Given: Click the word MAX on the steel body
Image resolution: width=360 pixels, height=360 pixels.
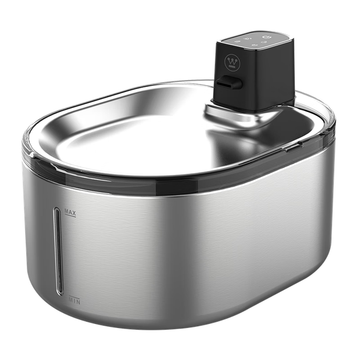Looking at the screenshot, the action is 70,212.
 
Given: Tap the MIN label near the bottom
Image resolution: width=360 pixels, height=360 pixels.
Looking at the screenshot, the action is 75,301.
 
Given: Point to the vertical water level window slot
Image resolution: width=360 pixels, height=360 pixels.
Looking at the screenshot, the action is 58,251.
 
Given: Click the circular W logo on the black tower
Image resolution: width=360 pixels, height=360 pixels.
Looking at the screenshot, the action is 232,62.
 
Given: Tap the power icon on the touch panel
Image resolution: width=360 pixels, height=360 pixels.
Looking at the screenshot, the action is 267,37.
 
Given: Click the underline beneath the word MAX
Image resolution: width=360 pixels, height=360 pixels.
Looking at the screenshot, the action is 70,215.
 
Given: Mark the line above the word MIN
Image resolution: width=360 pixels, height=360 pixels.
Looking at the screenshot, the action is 74,297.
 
